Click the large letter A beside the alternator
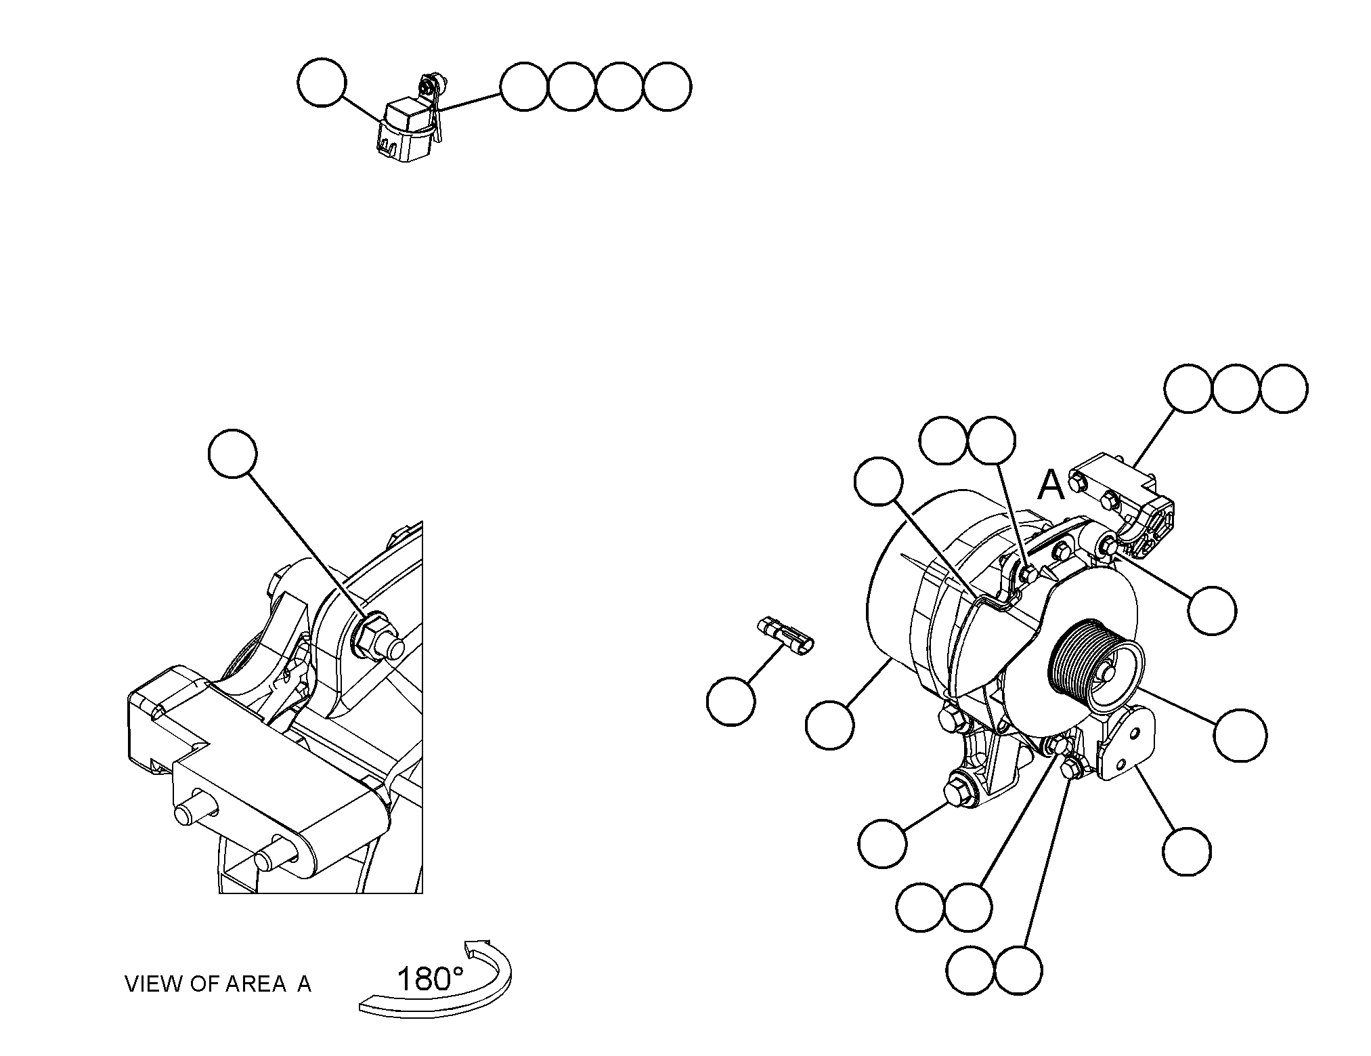click(x=1051, y=485)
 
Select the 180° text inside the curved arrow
click(x=431, y=979)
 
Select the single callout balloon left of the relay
click(x=322, y=82)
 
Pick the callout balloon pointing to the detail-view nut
click(x=233, y=453)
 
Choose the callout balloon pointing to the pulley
click(x=1240, y=736)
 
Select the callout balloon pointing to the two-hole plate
click(x=1188, y=851)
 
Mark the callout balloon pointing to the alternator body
click(x=830, y=725)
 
